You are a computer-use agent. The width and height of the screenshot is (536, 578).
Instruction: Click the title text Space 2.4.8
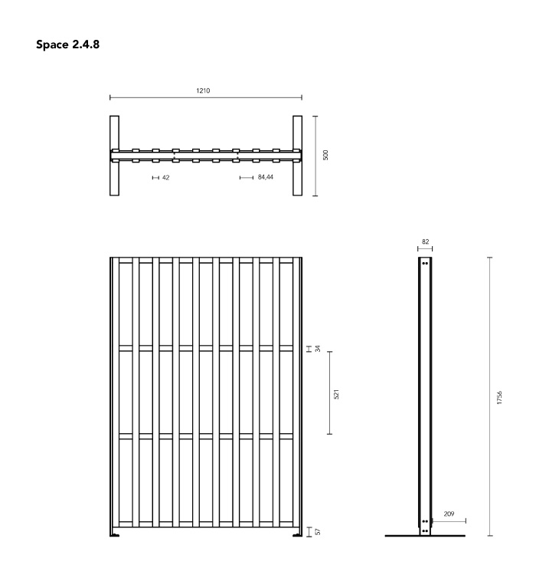tap(67, 44)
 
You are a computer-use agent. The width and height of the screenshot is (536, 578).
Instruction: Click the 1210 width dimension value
tap(203, 90)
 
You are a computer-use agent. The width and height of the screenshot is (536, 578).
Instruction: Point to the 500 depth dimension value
tap(325, 155)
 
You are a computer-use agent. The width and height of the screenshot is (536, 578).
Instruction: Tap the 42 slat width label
tap(166, 178)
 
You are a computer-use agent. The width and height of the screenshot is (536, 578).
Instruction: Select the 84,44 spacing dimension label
tap(266, 177)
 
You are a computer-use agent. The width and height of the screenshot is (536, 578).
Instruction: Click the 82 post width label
tap(425, 241)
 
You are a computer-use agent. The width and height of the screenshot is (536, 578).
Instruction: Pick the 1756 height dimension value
tap(499, 398)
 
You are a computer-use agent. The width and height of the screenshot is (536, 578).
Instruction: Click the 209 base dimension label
tap(449, 514)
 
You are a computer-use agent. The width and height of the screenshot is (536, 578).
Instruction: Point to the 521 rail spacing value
tap(336, 394)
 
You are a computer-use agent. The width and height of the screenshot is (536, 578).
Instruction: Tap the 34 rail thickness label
tap(318, 348)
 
